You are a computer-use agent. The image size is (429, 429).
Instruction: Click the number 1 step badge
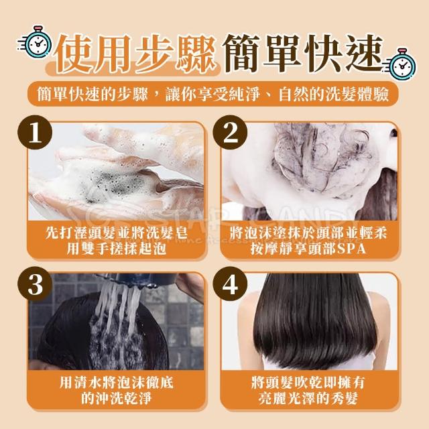(x=35, y=133)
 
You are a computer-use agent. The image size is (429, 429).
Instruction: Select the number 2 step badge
(x=230, y=133)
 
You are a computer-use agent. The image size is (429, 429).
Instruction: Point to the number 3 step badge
(x=35, y=284)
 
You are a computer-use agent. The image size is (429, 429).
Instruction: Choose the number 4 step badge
(x=230, y=284)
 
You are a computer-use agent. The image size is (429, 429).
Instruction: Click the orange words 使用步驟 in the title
(x=135, y=54)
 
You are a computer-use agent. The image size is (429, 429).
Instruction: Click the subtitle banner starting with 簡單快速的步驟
(x=213, y=94)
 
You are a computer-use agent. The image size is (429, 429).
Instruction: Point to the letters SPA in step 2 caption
(x=351, y=249)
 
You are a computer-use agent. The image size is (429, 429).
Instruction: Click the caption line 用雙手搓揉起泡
(x=117, y=249)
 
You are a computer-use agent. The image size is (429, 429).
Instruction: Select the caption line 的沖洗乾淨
(x=116, y=398)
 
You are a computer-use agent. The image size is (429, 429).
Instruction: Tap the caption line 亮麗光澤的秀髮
(x=308, y=398)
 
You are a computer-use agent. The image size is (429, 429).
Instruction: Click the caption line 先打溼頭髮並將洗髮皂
(x=117, y=234)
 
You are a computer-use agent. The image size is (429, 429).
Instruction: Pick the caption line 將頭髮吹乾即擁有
(x=308, y=383)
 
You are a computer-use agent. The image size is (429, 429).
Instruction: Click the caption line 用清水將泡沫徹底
(x=117, y=383)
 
